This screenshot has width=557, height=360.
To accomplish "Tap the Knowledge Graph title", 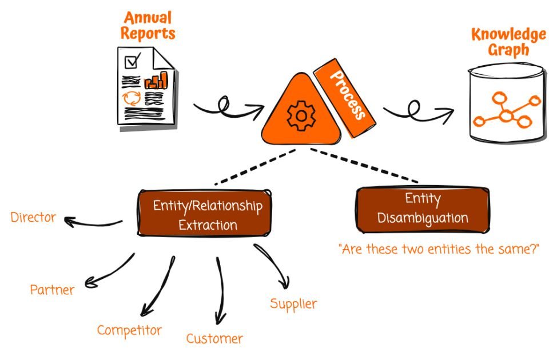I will click(508, 42).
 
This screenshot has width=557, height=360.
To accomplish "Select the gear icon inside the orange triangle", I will click(298, 116).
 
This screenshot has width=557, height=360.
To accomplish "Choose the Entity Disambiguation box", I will click(423, 209).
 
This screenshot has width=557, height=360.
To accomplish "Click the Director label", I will click(34, 217).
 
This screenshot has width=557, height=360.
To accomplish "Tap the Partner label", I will click(52, 290).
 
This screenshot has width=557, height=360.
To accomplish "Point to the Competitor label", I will click(129, 330).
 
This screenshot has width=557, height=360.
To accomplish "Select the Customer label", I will click(214, 338).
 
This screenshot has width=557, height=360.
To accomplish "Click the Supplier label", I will click(293, 303).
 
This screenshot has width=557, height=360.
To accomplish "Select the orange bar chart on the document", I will click(156, 81).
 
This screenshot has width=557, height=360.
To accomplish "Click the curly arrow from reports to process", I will click(229, 107).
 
